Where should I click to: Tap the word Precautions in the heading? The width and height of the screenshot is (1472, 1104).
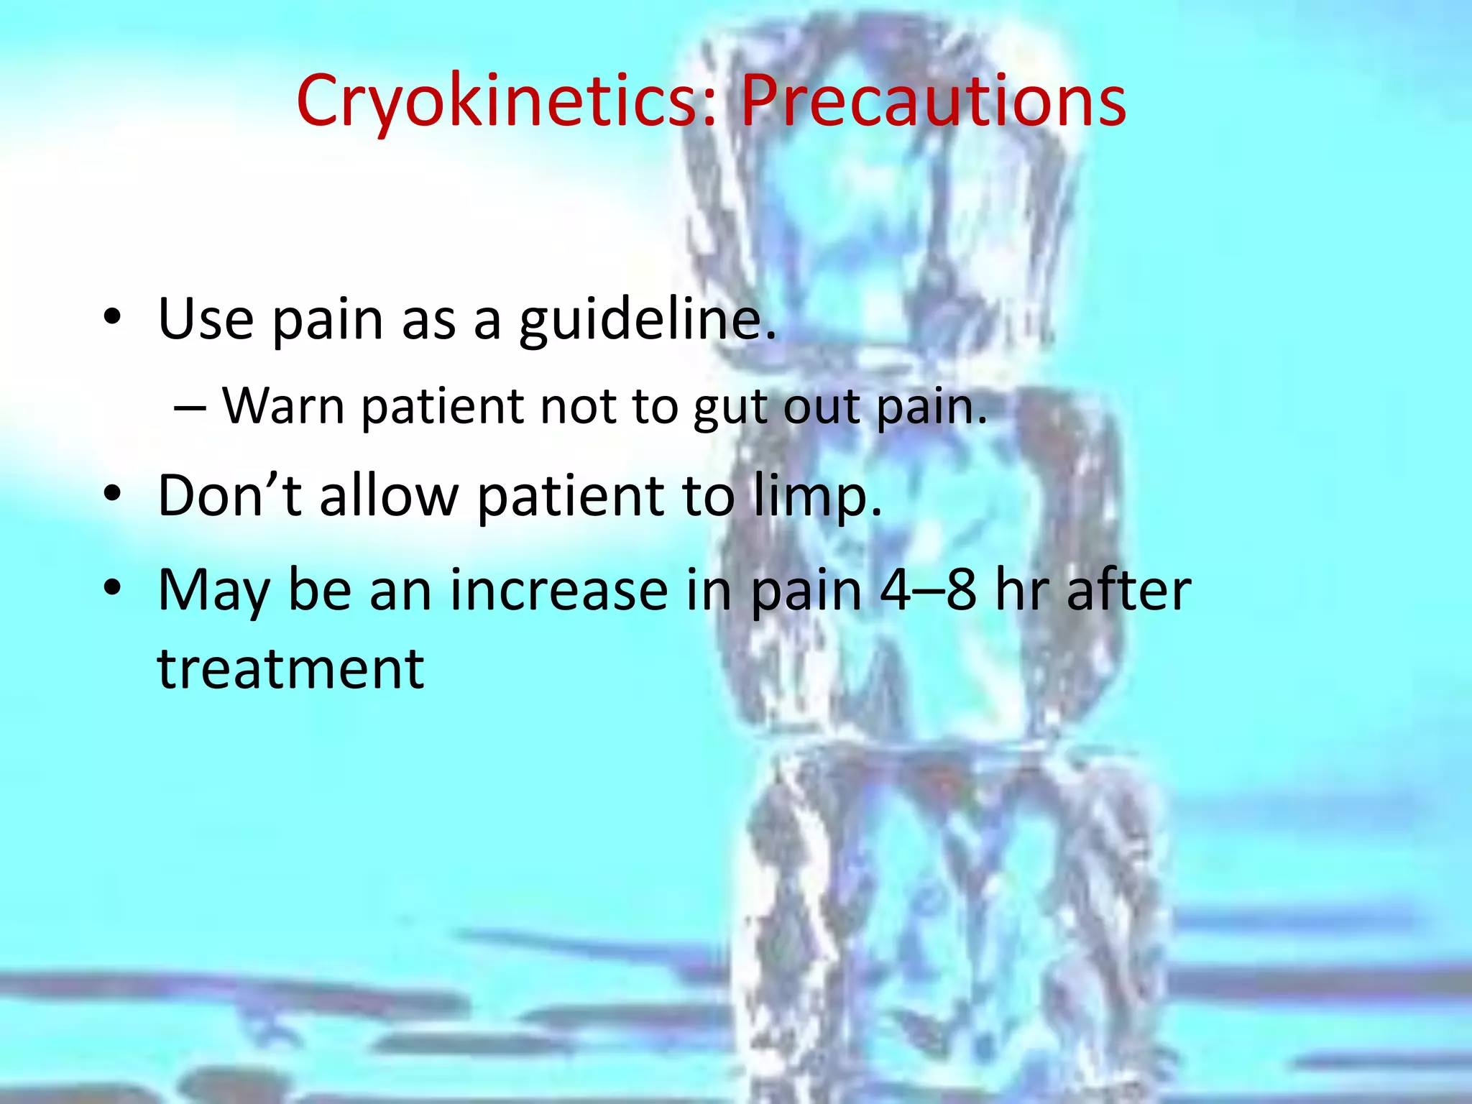tap(933, 102)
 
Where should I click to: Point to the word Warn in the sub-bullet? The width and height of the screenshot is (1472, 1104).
tap(284, 407)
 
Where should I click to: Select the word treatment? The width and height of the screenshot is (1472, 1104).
tap(291, 668)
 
